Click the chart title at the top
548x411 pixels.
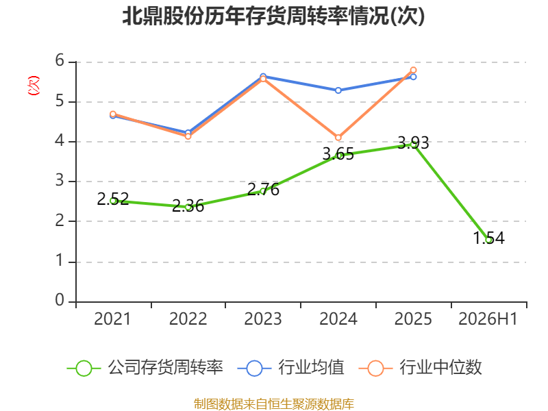click(273, 16)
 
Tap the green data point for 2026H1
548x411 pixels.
click(489, 239)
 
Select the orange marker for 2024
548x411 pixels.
click(338, 138)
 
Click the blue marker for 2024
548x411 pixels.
click(338, 90)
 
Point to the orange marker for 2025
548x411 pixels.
click(413, 71)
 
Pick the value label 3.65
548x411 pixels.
click(338, 154)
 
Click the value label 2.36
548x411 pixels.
click(188, 206)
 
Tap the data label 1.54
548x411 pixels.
click(489, 238)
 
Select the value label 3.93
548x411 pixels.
click(413, 143)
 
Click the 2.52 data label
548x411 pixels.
click(113, 199)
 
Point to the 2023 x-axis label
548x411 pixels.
click(263, 319)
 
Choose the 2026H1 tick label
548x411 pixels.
click(488, 319)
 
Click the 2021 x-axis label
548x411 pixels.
click(112, 319)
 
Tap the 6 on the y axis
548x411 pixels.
click(60, 61)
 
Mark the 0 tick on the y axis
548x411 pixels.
click(60, 300)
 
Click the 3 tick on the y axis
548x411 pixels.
click(60, 181)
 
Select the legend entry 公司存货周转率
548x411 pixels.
click(145, 368)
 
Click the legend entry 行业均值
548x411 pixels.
click(290, 368)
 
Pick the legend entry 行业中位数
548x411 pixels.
click(421, 368)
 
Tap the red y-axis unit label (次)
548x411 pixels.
click(34, 85)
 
